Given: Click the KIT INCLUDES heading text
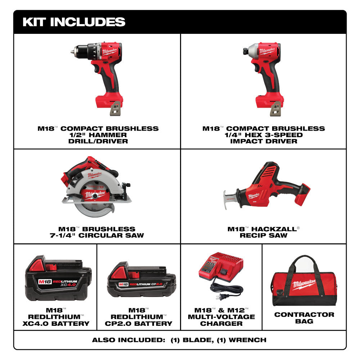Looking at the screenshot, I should pyautogui.click(x=74, y=22).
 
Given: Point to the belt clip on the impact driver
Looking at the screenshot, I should pyautogui.click(x=276, y=108).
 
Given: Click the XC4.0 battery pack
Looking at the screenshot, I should pyautogui.click(x=57, y=279).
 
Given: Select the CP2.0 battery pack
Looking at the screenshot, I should pyautogui.click(x=141, y=279).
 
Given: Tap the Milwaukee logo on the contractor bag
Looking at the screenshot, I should pyautogui.click(x=304, y=284).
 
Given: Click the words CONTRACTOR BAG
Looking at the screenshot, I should pyautogui.click(x=304, y=318).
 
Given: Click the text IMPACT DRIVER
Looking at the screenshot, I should pyautogui.click(x=264, y=141).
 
